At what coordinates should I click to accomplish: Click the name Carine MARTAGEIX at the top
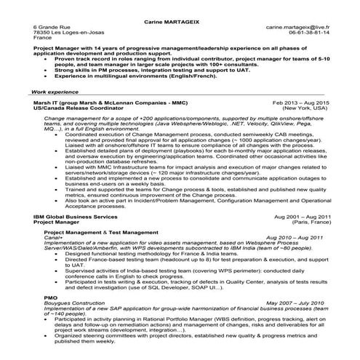coord(180,15)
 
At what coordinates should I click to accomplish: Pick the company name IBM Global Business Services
coord(75,217)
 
